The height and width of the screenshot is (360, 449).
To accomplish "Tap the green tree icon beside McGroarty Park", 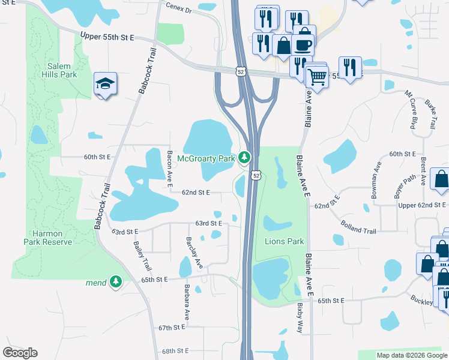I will (244, 158).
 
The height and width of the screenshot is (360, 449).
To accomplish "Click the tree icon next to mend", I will (115, 281).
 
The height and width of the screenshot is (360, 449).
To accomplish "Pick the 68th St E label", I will (175, 350).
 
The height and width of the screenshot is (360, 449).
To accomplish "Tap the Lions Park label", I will (285, 241).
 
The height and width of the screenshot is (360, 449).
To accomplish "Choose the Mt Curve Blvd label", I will (411, 110).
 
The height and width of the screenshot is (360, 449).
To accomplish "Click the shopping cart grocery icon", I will (316, 76).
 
